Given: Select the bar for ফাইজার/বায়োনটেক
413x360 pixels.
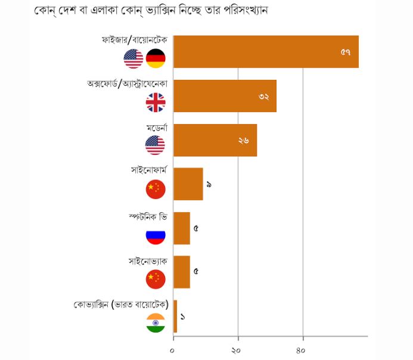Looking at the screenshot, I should point(266,52).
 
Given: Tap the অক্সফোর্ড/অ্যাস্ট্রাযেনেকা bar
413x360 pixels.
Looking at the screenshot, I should point(225,96).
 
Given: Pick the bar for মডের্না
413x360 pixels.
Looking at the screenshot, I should point(215,140).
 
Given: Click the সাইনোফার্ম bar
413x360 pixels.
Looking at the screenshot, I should point(188,184).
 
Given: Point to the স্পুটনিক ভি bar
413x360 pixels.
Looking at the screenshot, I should point(181,228).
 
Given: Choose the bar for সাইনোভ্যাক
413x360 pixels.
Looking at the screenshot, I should point(181,272).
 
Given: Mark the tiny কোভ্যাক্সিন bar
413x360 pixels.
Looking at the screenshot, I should point(175,316).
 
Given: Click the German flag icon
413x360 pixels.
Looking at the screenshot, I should point(156,58).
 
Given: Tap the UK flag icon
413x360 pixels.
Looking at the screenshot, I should point(156,103).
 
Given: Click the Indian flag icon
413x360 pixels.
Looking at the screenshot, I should point(156,323).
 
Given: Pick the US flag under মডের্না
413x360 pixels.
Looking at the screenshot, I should point(156,145).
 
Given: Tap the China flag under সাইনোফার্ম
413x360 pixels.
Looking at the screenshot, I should point(156,190).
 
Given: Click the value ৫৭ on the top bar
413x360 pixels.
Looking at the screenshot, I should point(346,52).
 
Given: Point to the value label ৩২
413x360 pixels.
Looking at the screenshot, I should point(264,97).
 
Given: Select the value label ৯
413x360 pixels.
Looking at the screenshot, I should point(209,184).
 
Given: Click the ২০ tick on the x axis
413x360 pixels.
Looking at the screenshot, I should point(238,349).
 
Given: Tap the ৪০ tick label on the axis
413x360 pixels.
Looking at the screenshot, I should point(302,349).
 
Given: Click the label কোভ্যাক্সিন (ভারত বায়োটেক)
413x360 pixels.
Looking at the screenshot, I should point(120,305).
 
